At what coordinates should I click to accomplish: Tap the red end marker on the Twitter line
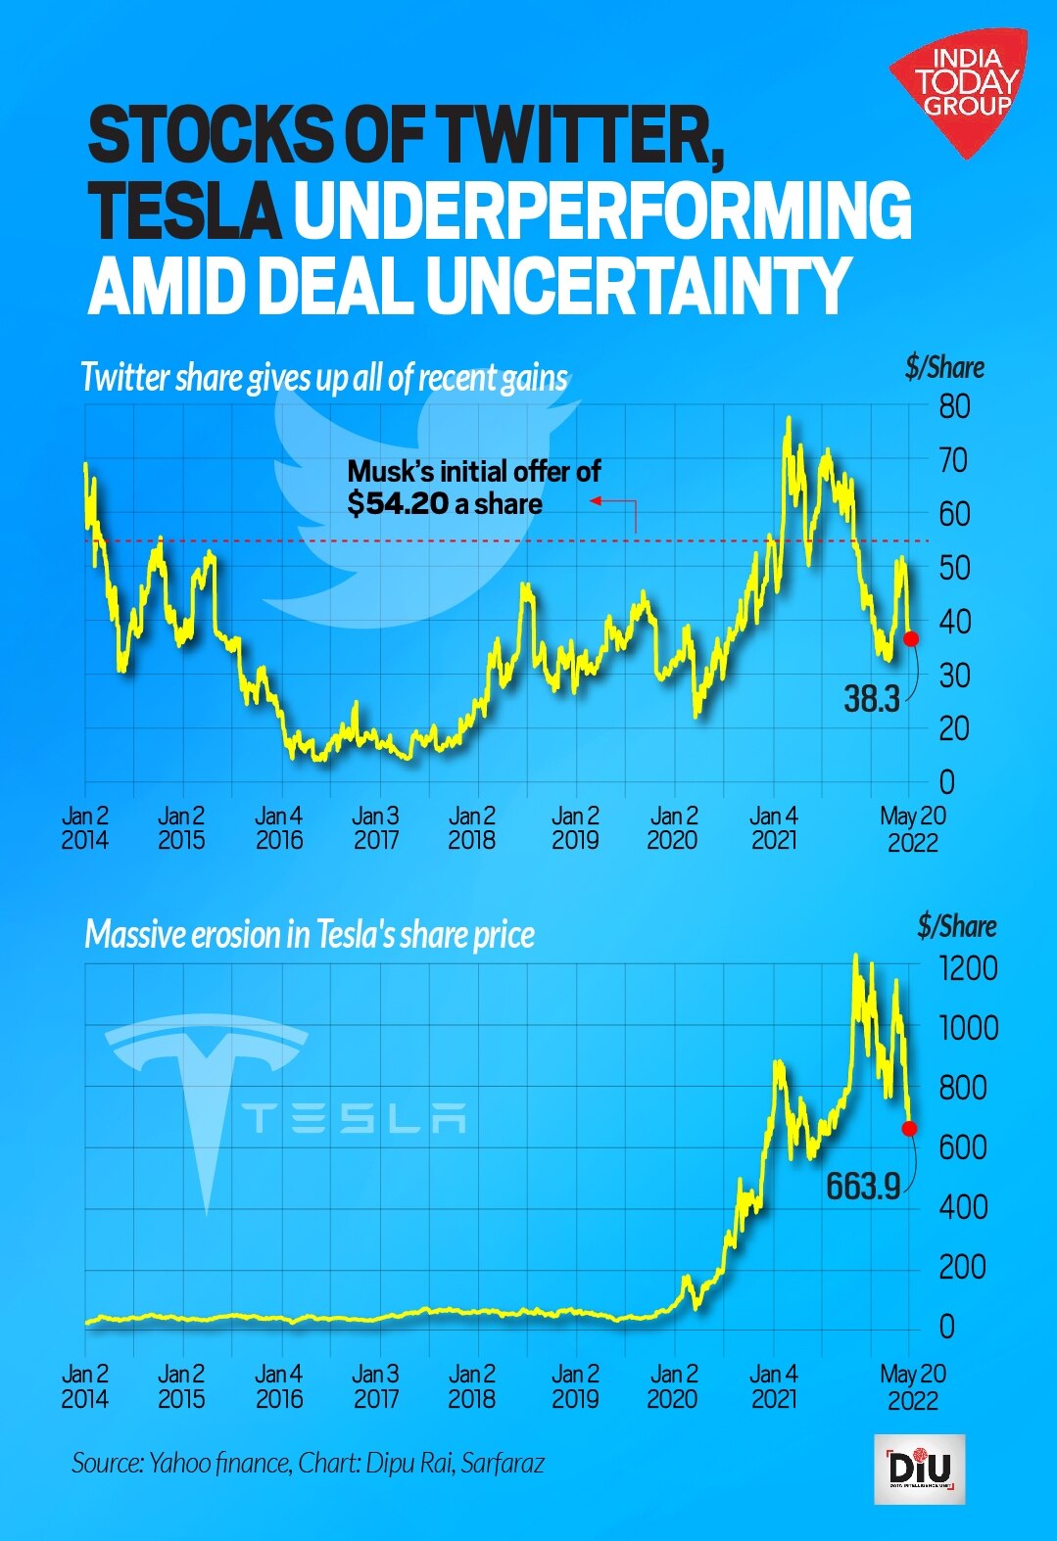click(911, 638)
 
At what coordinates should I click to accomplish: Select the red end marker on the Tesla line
click(909, 1129)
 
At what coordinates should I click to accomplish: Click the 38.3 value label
click(871, 699)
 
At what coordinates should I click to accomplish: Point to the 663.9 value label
click(862, 1187)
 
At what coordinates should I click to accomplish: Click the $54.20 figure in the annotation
click(398, 504)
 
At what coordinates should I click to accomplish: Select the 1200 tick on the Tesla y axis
click(968, 968)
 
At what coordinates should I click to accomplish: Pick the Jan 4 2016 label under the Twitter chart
click(279, 827)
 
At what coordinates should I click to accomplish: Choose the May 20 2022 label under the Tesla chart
click(913, 1386)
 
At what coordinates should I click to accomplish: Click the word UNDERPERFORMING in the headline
click(602, 210)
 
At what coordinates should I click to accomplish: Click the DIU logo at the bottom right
click(919, 1469)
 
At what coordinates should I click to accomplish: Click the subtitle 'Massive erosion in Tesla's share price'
click(310, 935)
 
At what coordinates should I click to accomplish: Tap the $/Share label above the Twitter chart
click(944, 368)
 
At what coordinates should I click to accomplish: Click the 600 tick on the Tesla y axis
click(962, 1147)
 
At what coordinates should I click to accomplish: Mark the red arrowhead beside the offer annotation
click(594, 501)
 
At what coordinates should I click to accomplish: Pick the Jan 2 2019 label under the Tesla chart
click(574, 1386)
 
